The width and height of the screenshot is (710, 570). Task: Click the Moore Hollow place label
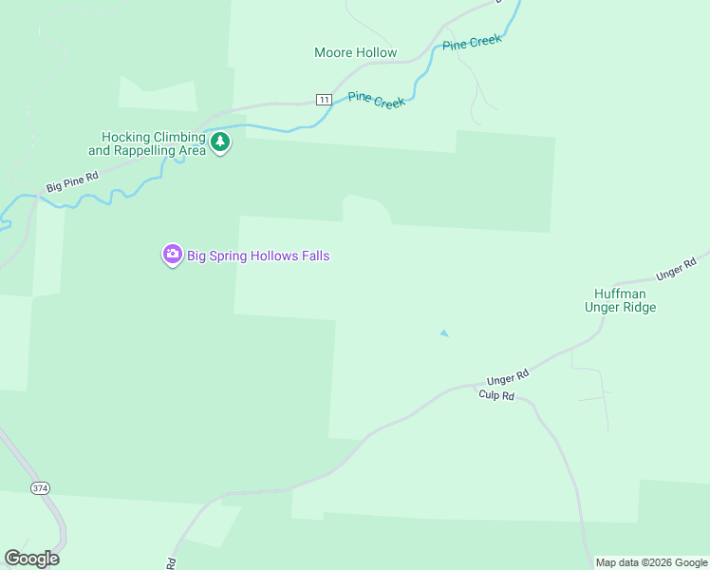pyautogui.click(x=355, y=52)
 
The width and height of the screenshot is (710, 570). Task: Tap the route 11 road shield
pyautogui.click(x=324, y=100)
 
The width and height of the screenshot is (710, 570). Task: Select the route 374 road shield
pyautogui.click(x=40, y=488)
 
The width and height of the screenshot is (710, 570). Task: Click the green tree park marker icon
pyautogui.click(x=220, y=142)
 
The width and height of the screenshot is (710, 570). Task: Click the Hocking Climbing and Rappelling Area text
pyautogui.click(x=147, y=143)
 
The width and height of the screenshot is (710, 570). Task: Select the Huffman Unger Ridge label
pyautogui.click(x=619, y=300)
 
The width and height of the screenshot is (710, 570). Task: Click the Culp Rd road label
pyautogui.click(x=495, y=395)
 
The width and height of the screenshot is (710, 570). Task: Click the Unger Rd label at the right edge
pyautogui.click(x=676, y=269)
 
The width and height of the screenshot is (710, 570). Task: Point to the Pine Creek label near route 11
pyautogui.click(x=377, y=100)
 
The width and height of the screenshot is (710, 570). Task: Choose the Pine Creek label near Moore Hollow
pyautogui.click(x=472, y=44)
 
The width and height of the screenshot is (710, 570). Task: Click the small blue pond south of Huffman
pyautogui.click(x=443, y=333)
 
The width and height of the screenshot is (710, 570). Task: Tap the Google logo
pyautogui.click(x=31, y=559)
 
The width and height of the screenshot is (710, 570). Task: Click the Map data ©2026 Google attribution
pyautogui.click(x=651, y=562)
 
